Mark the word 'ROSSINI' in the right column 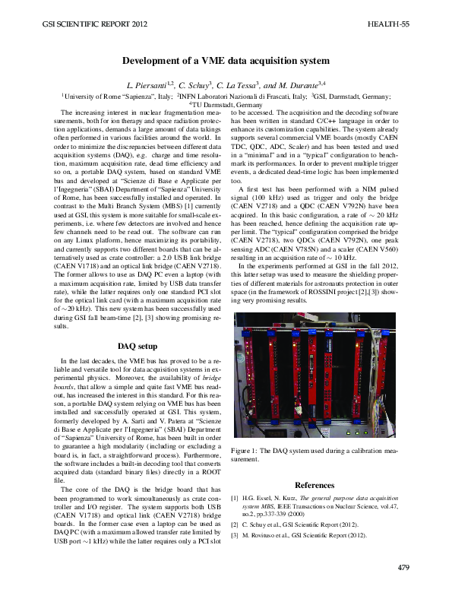pyautogui.click(x=343, y=292)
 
